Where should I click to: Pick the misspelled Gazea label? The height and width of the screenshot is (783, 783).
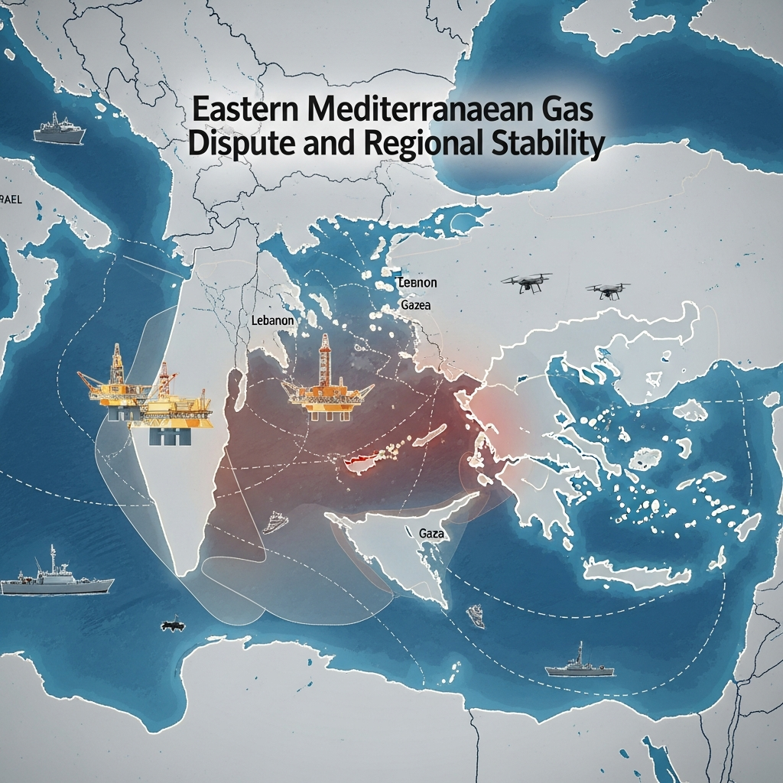click(x=415, y=305)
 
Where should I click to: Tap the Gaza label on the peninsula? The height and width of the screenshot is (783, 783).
click(x=432, y=532)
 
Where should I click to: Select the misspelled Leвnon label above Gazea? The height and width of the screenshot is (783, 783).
click(x=417, y=283)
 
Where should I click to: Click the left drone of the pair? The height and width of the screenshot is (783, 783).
click(x=527, y=282)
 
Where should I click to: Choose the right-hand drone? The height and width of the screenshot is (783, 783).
click(x=608, y=289)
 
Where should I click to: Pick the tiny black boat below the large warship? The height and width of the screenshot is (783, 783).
click(x=174, y=625)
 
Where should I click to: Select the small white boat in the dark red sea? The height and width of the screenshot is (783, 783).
click(x=276, y=522)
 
